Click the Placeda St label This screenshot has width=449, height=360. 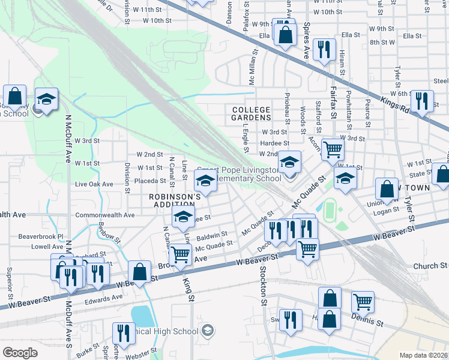tap(149, 181)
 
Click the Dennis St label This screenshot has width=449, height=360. tap(367, 322)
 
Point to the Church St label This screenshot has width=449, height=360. tap(430, 265)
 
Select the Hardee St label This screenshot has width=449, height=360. tap(275, 143)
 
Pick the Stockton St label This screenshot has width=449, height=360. tap(264, 285)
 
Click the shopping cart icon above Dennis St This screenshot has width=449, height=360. tap(363, 302)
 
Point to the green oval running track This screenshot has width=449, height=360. tap(330, 209)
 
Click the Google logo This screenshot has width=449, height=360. tap(20, 353)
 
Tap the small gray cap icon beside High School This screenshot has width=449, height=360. tap(208, 330)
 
